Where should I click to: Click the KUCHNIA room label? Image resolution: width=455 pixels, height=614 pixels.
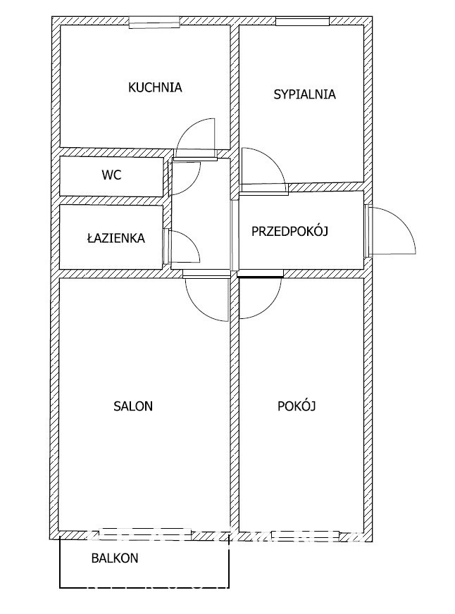pos(155,87)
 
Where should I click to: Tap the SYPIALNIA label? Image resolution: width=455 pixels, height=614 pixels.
pos(305,94)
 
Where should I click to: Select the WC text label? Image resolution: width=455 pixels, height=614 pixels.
pos(111,175)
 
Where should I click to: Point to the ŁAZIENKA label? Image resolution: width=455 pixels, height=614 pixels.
pos(116,237)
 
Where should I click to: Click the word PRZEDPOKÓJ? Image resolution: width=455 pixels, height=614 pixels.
pos(289,231)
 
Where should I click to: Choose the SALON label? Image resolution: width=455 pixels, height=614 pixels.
pos(133,406)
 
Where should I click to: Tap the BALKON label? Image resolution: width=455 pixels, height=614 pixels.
pos(115,558)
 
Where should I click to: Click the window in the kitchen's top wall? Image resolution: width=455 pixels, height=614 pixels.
pos(154,22)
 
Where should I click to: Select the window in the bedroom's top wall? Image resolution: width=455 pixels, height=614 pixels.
pos(302,21)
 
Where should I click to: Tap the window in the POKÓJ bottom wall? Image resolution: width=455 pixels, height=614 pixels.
pos(306,535)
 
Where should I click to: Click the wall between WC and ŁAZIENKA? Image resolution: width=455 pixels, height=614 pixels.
pos(111,201)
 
